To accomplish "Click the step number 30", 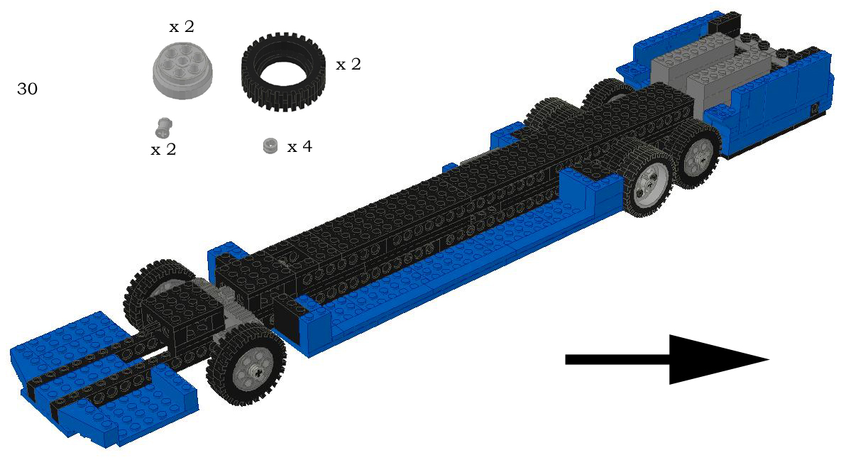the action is [x=28, y=89].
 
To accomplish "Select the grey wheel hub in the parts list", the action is [x=182, y=70].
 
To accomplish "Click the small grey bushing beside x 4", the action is [x=271, y=146].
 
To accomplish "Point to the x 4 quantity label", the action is [x=299, y=146].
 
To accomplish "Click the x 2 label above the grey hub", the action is [x=181, y=27].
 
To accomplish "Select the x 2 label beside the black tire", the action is [x=348, y=65].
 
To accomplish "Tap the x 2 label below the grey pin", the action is [x=164, y=150].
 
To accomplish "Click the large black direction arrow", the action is [x=667, y=360].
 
